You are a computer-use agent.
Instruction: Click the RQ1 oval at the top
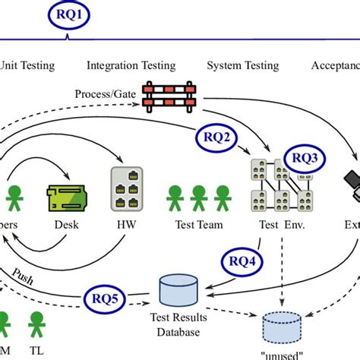(68, 16)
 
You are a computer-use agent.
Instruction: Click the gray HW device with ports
(126, 189)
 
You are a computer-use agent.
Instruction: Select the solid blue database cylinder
(178, 288)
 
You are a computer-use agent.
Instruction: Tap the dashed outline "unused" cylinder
(287, 327)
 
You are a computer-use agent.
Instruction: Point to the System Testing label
(242, 65)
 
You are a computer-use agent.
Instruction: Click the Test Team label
(197, 226)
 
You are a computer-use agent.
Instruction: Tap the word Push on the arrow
(22, 271)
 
